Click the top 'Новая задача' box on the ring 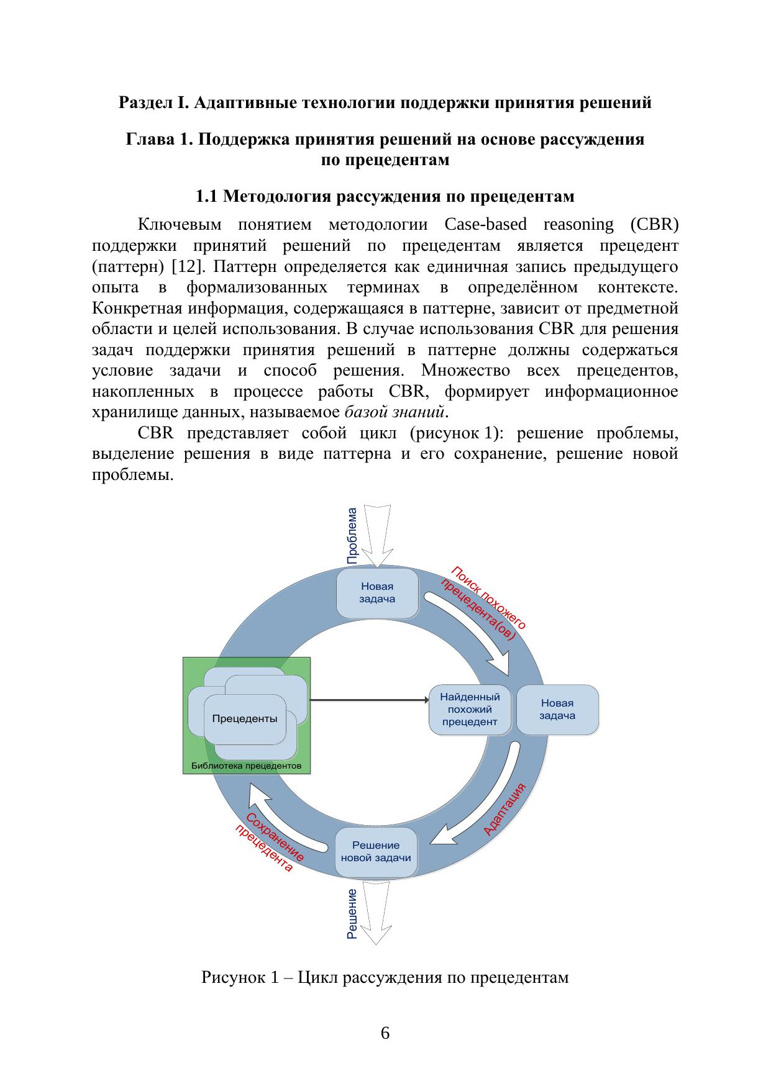[377, 593]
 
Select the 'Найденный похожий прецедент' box [470, 709]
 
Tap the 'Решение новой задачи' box [376, 851]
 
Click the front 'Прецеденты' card [245, 719]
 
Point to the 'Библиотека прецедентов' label [246, 766]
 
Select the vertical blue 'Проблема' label [352, 536]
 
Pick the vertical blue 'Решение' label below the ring [352, 913]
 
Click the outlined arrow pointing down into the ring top [377, 534]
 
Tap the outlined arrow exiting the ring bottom [376, 913]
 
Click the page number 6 [385, 1033]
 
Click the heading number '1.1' [207, 197]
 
